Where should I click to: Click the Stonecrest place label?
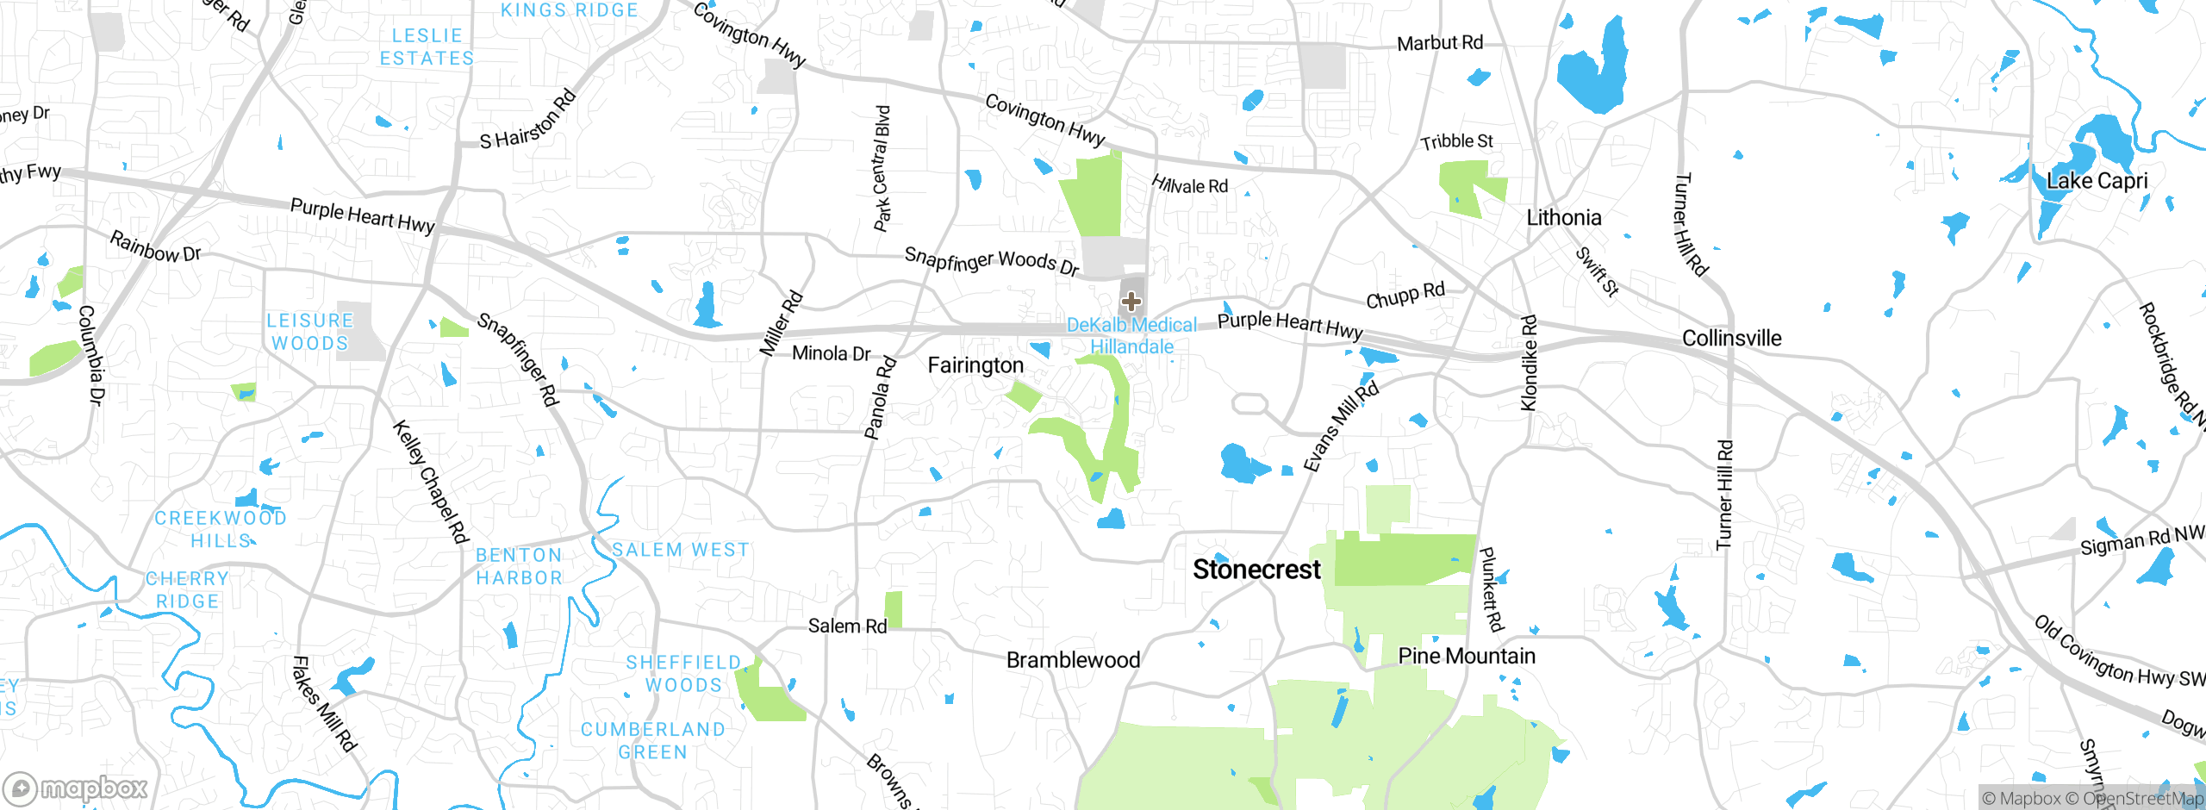click(1256, 570)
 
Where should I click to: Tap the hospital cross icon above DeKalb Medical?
click(1131, 302)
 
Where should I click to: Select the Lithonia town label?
click(1563, 218)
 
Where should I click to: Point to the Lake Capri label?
click(2097, 181)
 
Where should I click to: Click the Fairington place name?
click(975, 365)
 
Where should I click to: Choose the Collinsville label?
click(1731, 339)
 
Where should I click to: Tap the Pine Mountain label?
click(1467, 657)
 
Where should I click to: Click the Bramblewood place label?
click(1073, 660)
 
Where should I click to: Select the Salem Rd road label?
click(847, 626)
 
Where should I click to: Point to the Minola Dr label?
click(831, 353)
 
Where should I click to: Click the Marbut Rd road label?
click(1439, 43)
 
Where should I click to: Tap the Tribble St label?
click(1456, 141)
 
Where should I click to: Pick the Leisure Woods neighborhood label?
click(310, 332)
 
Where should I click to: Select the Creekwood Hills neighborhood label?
click(221, 529)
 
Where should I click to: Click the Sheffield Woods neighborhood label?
click(683, 674)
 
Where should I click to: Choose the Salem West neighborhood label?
click(681, 550)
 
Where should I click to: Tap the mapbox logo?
click(76, 788)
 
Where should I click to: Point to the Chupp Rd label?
click(1405, 296)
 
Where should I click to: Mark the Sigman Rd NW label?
click(2141, 541)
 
